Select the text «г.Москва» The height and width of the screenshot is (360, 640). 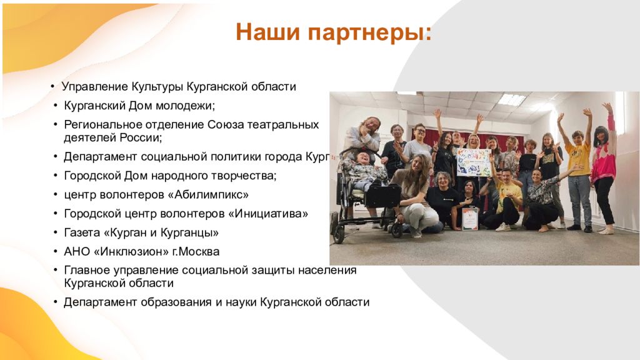[x=196, y=251]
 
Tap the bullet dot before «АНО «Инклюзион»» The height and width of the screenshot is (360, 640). [x=56, y=251]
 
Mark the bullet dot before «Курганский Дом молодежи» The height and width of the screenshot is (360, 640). [x=56, y=106]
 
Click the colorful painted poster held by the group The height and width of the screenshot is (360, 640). [x=474, y=162]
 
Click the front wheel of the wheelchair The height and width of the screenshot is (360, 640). [x=338, y=234]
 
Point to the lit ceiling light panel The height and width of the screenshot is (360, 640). [x=511, y=99]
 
